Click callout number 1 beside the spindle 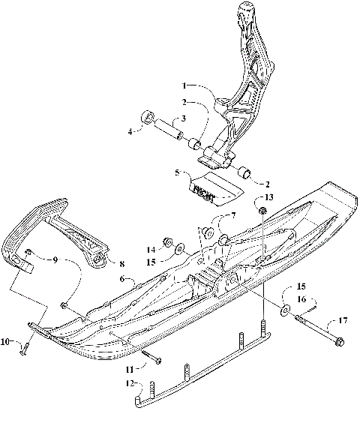(x=183, y=86)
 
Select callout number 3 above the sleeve (x=181, y=118)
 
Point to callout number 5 (x=176, y=172)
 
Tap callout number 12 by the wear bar (x=130, y=383)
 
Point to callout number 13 (x=269, y=196)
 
